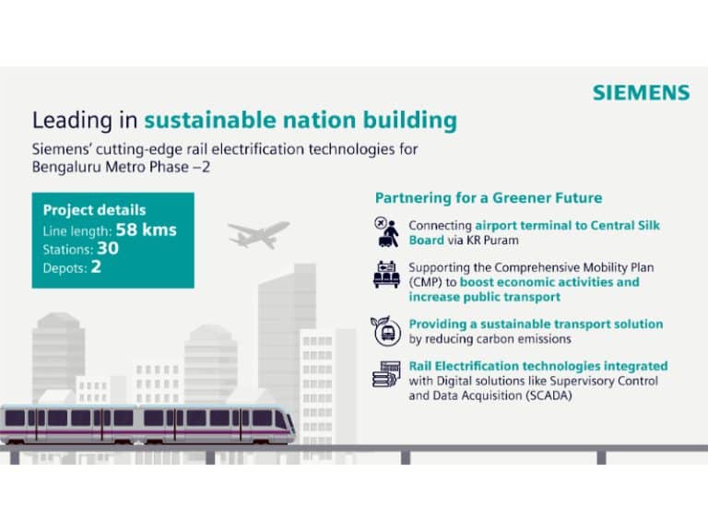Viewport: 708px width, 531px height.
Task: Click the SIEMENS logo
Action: [641, 93]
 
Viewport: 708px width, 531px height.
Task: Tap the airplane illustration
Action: [258, 233]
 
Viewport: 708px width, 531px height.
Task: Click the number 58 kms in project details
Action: [147, 230]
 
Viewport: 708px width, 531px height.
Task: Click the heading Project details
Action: [94, 210]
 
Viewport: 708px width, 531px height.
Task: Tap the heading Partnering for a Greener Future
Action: [489, 198]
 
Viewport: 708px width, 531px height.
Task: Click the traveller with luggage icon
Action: [386, 232]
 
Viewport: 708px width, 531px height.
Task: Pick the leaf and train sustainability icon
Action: [386, 330]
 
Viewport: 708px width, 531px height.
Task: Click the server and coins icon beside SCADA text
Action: [386, 374]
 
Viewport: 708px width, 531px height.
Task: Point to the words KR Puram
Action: [497, 240]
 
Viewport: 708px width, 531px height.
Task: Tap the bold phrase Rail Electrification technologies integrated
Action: [538, 366]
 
